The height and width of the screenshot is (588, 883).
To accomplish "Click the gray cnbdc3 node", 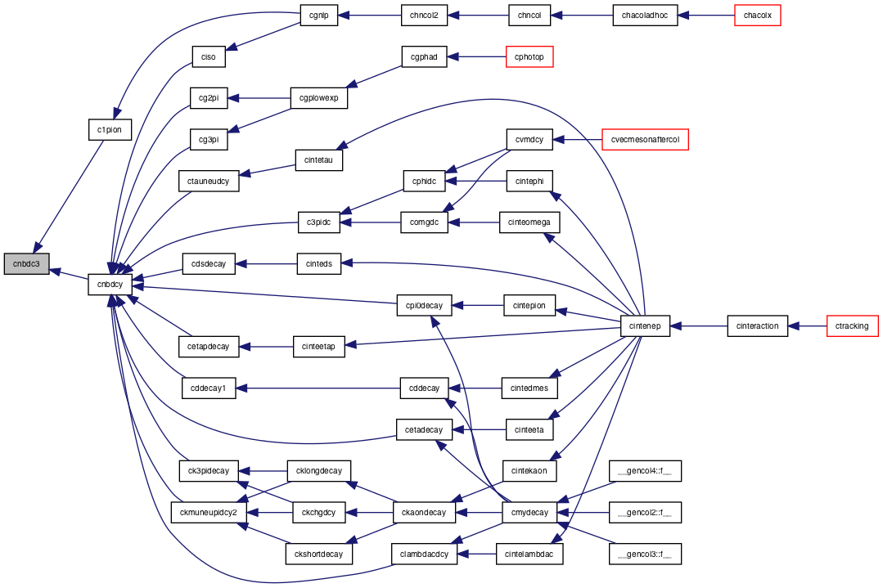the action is [26, 264].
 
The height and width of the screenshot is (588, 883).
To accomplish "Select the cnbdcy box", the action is [110, 284].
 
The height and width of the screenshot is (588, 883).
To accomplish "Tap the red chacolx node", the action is [758, 16].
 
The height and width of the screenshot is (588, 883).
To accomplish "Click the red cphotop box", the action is [529, 56].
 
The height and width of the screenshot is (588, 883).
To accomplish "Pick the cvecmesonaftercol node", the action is [646, 140].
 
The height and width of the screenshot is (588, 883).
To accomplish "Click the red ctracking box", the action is [852, 325].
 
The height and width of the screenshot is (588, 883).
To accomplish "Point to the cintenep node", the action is [646, 325].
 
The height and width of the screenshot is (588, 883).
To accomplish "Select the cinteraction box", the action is [758, 325].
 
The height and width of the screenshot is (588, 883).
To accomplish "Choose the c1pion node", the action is [110, 129].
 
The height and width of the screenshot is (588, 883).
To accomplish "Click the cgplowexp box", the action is [318, 98].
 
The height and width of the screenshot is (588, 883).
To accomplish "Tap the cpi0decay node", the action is [424, 306].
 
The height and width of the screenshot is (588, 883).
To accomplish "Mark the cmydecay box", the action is [529, 513].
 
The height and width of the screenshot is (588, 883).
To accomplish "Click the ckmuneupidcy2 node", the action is [209, 513].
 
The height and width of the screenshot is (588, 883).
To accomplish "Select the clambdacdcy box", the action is [424, 554].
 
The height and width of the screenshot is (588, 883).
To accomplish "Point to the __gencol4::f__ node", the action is [646, 471].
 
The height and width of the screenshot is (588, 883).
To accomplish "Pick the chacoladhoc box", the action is [646, 16].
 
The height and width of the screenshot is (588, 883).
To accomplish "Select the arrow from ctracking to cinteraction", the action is [807, 325].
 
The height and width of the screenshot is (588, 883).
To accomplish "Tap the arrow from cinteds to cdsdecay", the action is [266, 264].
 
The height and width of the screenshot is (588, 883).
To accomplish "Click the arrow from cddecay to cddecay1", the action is [318, 388].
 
